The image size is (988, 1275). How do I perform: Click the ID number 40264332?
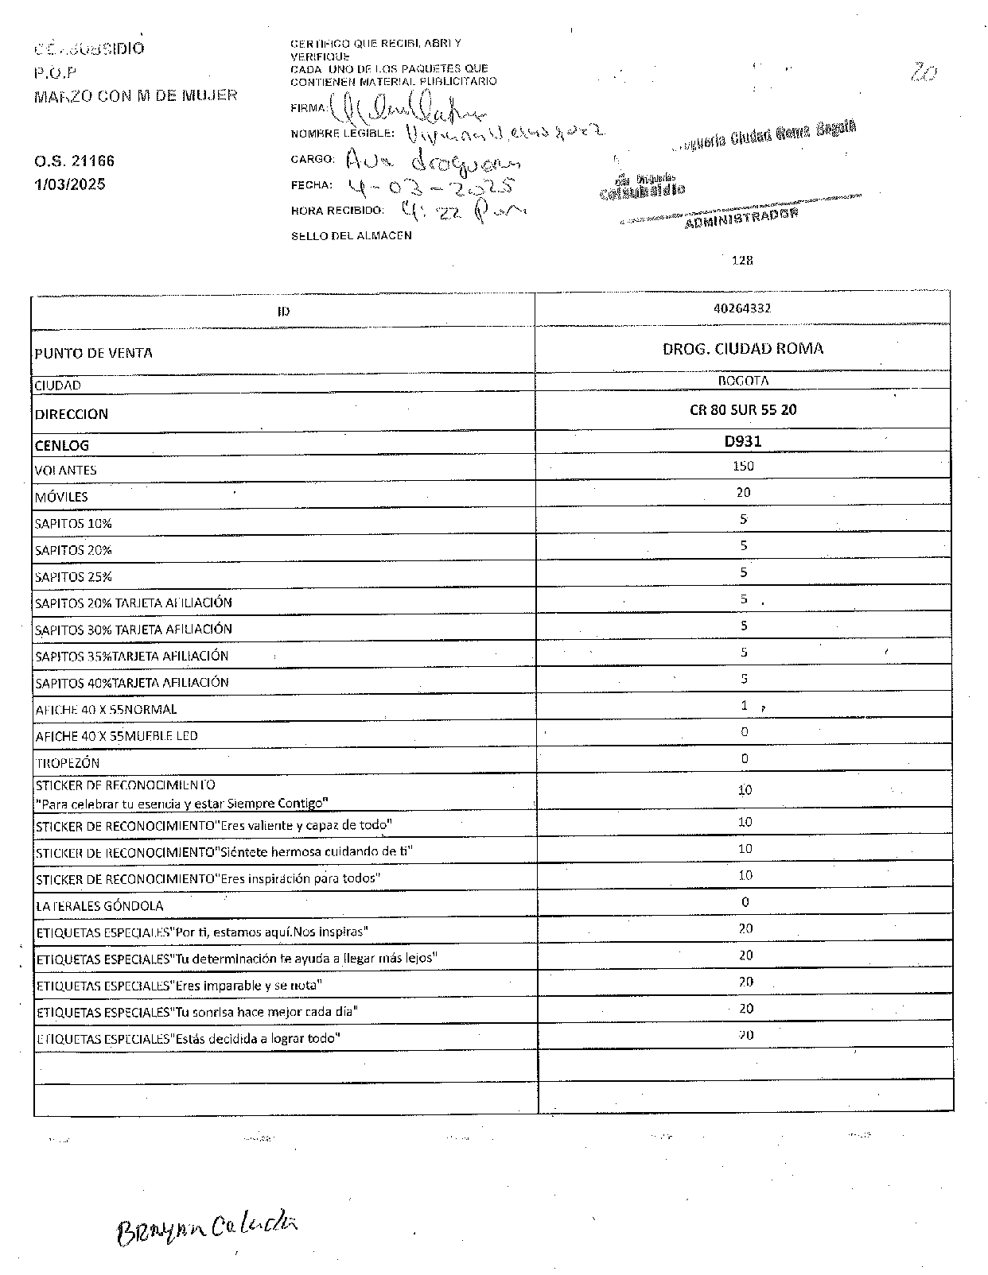[742, 308]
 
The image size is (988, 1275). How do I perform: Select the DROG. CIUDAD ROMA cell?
[743, 348]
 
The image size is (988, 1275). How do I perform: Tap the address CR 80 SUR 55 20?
[743, 409]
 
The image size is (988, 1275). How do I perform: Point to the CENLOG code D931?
[743, 440]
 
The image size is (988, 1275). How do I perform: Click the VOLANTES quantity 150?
[743, 466]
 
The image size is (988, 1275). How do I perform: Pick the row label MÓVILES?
[61, 497]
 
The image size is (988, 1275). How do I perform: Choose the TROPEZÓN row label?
[68, 763]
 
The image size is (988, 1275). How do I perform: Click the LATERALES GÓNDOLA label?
[99, 906]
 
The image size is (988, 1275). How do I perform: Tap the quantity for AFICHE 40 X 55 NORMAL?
[745, 705]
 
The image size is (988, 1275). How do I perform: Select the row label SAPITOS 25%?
[73, 577]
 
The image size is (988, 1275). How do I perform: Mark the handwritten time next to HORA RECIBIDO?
[462, 211]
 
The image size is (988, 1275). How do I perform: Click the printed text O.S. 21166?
[74, 161]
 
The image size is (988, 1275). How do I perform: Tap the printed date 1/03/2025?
[69, 184]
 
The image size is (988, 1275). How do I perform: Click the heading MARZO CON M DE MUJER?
[135, 96]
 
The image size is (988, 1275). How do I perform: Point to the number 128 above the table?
[742, 260]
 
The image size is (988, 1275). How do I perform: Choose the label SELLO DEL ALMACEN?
[351, 235]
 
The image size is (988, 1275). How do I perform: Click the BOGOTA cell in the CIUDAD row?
[743, 381]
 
